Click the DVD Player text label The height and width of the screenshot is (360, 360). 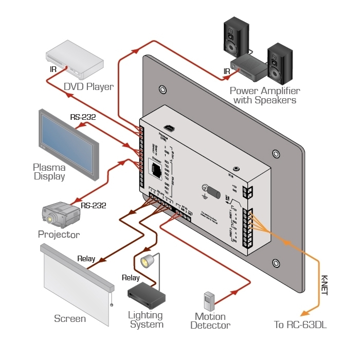click(88, 86)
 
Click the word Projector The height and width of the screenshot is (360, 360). click(59, 235)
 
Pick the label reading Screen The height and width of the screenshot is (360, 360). click(70, 318)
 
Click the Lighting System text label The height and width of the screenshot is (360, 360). click(147, 319)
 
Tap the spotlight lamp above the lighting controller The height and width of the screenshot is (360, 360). click(149, 261)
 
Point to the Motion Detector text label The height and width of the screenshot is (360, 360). click(210, 321)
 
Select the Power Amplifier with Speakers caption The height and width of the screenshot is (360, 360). click(265, 96)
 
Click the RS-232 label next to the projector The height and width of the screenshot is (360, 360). click(93, 206)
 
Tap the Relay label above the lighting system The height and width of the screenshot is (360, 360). click(131, 278)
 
